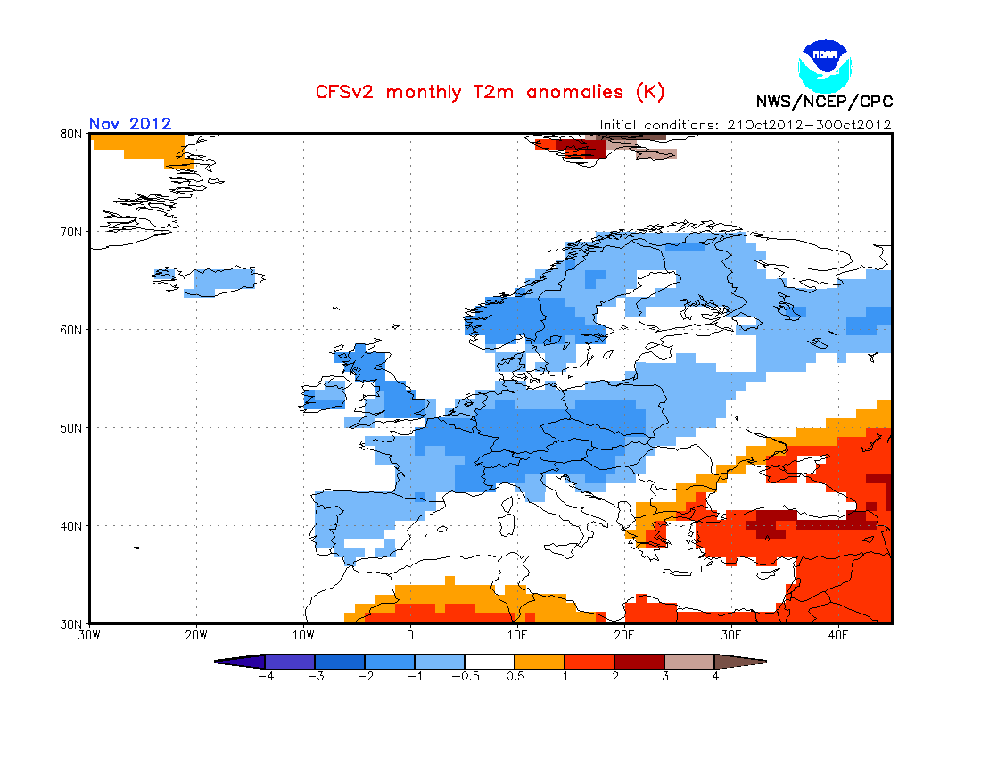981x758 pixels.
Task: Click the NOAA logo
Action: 825,66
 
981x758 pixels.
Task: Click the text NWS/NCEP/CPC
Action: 824,102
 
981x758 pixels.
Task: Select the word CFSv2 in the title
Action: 344,92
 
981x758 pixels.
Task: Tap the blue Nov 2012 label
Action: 130,123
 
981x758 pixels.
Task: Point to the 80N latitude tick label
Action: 70,134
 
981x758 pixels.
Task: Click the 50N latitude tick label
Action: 70,428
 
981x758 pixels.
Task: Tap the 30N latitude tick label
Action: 70,624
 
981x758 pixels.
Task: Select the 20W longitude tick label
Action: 196,636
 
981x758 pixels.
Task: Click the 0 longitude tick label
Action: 410,636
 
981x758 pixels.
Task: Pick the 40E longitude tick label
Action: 838,636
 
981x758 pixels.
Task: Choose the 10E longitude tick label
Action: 516,636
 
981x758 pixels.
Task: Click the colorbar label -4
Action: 266,676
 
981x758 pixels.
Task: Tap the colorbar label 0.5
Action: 515,676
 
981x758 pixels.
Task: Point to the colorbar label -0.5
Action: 466,676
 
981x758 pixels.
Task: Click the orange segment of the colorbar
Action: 540,662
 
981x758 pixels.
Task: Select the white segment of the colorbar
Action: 490,662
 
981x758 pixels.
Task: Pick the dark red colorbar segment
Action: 639,662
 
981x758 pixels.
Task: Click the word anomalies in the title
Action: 575,92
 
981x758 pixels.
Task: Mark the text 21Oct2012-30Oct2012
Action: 810,125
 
